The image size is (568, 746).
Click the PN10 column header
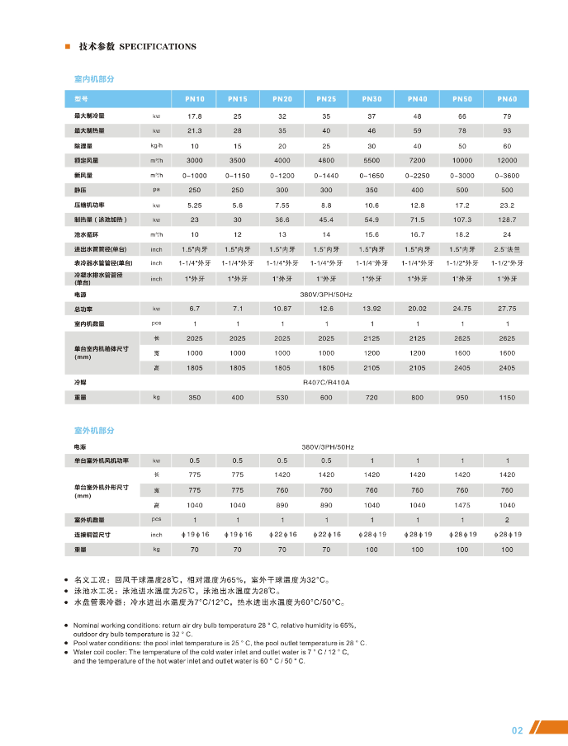(x=195, y=99)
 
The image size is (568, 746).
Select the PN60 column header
(x=507, y=99)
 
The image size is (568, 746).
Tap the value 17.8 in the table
(x=195, y=116)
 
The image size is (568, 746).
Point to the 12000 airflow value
(x=507, y=160)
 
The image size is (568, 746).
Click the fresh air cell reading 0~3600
(x=507, y=175)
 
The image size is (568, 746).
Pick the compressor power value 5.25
(x=195, y=205)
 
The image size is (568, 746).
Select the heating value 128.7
(x=507, y=220)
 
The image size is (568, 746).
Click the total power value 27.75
(x=507, y=308)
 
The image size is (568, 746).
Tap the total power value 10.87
(x=282, y=308)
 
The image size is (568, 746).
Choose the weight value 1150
(x=507, y=398)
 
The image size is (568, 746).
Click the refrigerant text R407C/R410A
(x=327, y=383)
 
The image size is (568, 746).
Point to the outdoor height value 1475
(x=462, y=505)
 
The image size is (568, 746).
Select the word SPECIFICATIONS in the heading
(x=158, y=46)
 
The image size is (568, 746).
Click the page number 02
(x=518, y=729)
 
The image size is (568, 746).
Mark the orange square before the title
(x=67, y=46)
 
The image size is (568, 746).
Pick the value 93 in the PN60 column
(x=507, y=131)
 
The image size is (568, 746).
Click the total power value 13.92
(x=372, y=308)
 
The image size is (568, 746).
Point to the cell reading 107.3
(x=462, y=220)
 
